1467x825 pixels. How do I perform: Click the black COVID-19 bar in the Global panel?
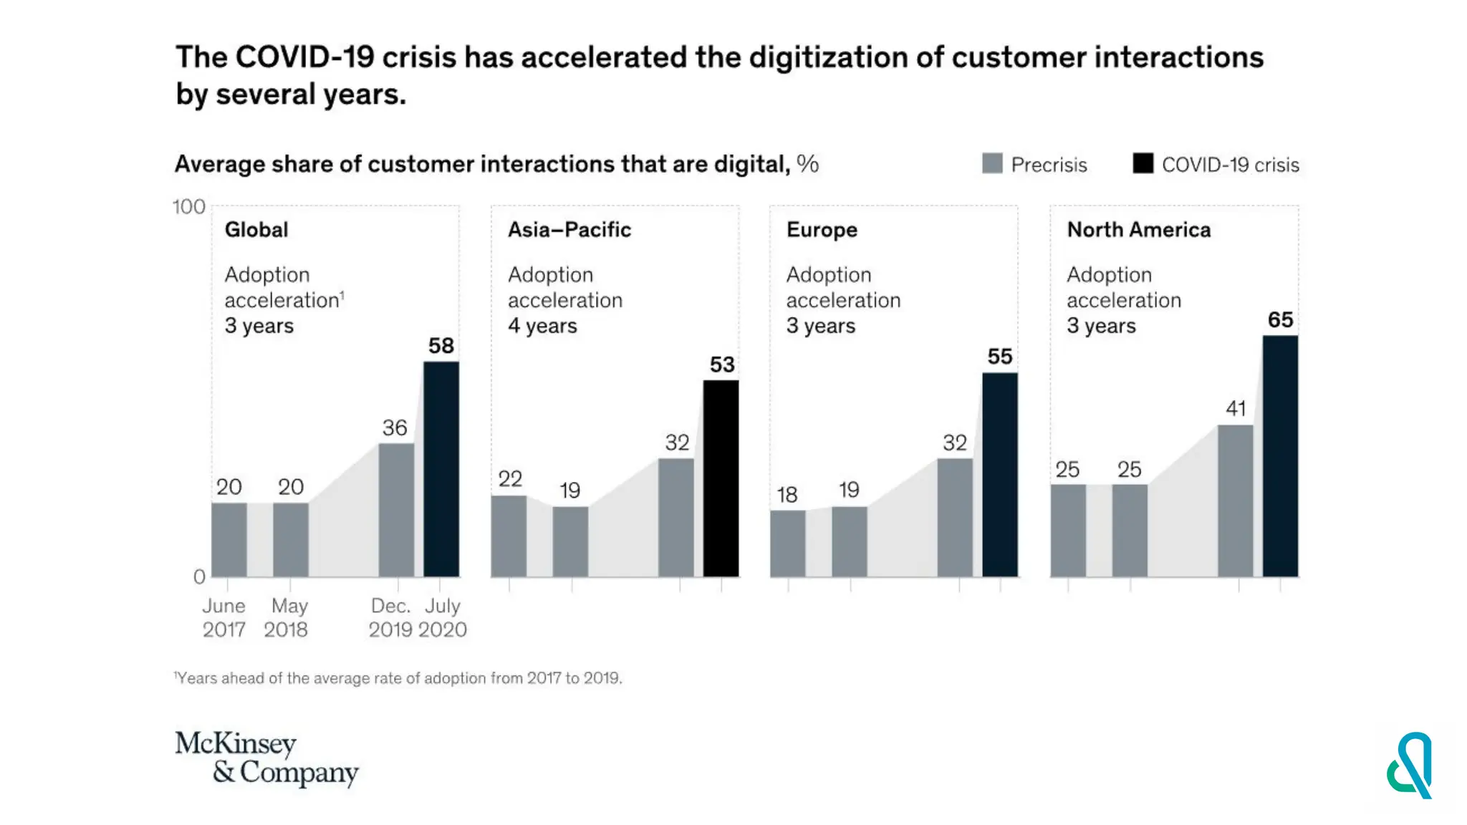click(441, 469)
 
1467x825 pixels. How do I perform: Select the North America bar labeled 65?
click(1280, 456)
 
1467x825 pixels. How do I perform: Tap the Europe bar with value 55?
click(1000, 475)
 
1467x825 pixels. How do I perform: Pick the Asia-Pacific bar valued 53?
click(721, 478)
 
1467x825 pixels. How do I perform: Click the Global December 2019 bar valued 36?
click(396, 510)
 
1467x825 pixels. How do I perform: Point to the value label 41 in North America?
click(1236, 409)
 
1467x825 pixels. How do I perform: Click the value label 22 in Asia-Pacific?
click(510, 479)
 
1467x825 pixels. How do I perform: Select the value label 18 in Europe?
click(787, 495)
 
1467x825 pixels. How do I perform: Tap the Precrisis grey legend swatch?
click(992, 164)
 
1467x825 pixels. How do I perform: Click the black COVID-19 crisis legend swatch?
click(1143, 164)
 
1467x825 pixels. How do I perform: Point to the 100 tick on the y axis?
click(189, 207)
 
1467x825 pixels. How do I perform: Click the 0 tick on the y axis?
click(199, 576)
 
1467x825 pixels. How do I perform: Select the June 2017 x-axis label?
click(223, 617)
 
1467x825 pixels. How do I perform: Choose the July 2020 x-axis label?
click(443, 617)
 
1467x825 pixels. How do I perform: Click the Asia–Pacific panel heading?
click(569, 230)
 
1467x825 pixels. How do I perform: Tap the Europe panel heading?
click(822, 230)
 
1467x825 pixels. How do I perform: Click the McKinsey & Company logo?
click(266, 758)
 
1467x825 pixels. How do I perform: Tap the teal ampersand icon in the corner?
click(1409, 765)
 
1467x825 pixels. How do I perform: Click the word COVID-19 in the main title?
click(304, 57)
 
